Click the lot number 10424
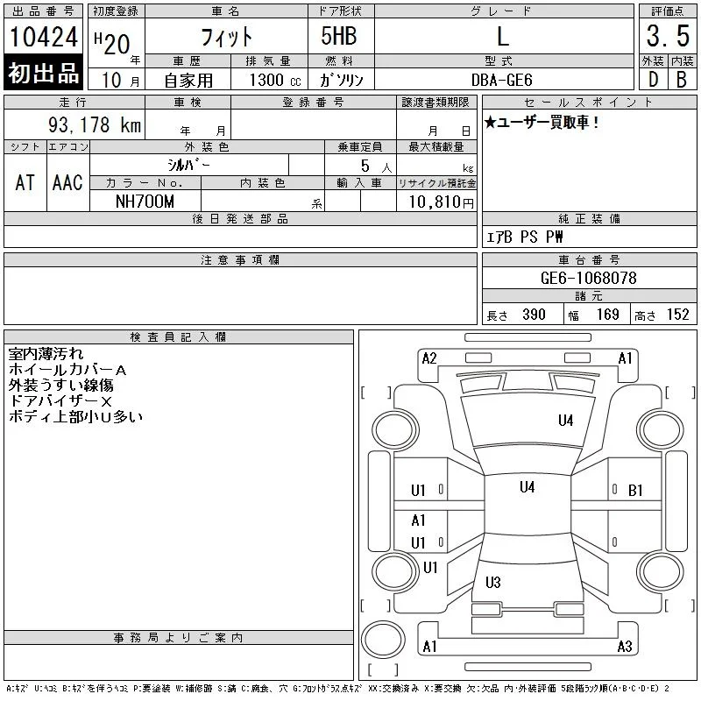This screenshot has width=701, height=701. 43,37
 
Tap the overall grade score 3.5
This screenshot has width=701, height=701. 668,36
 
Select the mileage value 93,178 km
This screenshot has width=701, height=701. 95,124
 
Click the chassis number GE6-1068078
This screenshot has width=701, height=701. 588,278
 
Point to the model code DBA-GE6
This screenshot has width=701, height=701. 501,80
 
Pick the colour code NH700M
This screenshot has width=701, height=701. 145,202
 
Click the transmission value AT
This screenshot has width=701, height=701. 25,182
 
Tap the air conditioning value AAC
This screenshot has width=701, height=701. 67,182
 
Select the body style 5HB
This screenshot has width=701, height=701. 339,36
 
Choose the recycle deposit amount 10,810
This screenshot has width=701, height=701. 435,202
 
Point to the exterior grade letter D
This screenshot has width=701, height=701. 653,80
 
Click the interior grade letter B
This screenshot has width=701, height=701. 682,80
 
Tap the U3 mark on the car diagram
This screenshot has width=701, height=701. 493,582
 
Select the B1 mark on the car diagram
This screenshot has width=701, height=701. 635,491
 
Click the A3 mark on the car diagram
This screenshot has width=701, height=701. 625,647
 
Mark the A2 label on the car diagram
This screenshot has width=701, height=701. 429,358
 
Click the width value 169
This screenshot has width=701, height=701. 607,315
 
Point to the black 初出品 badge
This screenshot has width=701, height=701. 43,73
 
